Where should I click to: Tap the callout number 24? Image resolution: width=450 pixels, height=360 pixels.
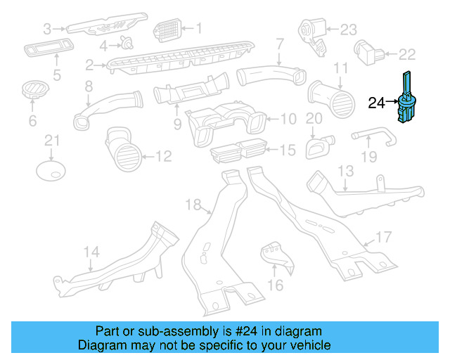coord(377,103)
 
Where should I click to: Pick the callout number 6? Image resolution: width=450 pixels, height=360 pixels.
coord(32,121)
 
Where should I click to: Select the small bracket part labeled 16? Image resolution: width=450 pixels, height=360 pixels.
coord(275,257)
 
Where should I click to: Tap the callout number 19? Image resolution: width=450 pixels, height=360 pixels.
coord(368,157)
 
